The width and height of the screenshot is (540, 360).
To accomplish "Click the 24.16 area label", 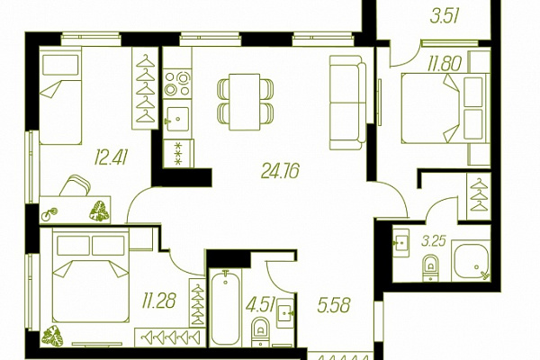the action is [x=280, y=171].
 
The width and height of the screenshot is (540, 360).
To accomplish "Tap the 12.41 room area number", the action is [x=112, y=157].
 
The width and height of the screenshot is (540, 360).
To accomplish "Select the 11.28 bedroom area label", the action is [x=159, y=301].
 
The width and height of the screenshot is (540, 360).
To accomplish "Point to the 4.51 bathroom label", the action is [x=260, y=304].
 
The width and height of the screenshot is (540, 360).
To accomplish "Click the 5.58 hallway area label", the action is [x=334, y=305].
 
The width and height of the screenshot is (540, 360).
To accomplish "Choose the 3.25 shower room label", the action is [x=434, y=241].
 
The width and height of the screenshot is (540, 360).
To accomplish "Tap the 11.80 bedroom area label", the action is [x=445, y=64].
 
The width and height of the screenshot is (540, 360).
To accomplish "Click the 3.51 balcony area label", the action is [x=445, y=16].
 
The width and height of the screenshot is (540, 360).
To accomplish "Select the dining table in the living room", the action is [x=245, y=102].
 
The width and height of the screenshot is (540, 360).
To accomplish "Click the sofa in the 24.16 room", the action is [x=347, y=103].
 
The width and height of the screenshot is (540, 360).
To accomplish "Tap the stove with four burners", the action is [x=177, y=84].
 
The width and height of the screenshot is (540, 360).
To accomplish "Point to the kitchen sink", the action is [x=177, y=119].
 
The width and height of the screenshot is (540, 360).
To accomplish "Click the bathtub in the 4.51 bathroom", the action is [x=225, y=308].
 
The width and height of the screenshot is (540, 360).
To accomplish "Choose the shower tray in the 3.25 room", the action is [x=471, y=261].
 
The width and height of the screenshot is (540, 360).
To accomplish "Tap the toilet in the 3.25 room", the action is [x=430, y=267].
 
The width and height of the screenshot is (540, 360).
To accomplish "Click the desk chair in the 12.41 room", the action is [x=76, y=185].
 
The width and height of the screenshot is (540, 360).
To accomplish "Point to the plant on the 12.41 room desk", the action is [x=99, y=211].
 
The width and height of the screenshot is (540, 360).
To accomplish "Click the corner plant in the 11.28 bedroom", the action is [x=52, y=336].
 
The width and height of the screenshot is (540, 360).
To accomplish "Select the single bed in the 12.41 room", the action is [x=60, y=95].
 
